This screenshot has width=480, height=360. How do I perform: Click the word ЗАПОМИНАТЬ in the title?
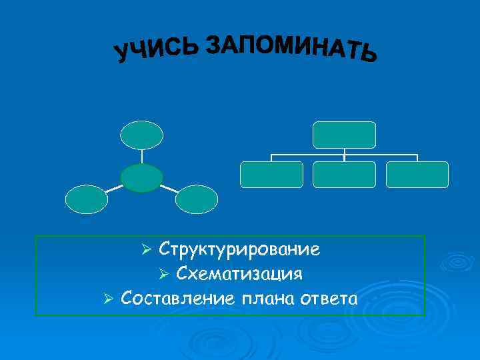coord(291,47)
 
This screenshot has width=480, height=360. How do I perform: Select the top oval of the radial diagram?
coord(141,134)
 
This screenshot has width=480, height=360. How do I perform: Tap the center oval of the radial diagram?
coord(141,178)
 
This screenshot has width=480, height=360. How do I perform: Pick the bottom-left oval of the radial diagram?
coord(86,199)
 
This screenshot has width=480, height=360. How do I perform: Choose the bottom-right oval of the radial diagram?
coord(196,199)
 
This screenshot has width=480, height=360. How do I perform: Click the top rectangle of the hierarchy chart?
coord(345,135)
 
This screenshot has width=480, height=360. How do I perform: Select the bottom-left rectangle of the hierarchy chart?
coord(271,175)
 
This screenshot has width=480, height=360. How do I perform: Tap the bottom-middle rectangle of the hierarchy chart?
coord(345,175)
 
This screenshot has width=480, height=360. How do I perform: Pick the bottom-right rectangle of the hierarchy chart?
coord(417,175)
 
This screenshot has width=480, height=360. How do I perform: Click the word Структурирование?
coord(239,250)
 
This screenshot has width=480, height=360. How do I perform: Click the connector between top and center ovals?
coord(141,156)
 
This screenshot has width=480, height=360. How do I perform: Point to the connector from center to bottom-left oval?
coord(114,189)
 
